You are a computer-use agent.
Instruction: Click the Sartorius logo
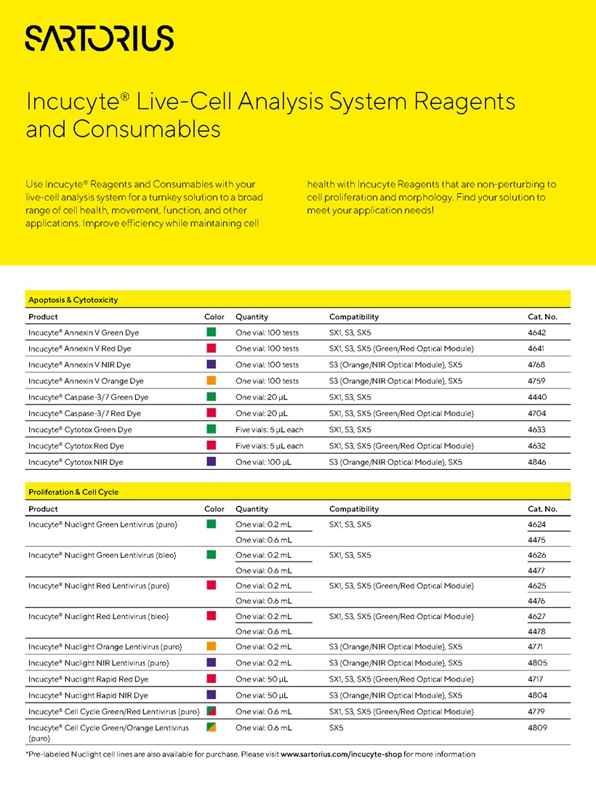(x=100, y=38)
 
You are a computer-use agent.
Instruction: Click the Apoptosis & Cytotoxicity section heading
(x=73, y=300)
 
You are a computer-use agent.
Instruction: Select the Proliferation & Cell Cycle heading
(x=73, y=492)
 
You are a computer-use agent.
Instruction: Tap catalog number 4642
(x=537, y=332)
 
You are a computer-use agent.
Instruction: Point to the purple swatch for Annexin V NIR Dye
(x=212, y=364)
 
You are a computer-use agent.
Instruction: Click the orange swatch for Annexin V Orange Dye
(x=212, y=380)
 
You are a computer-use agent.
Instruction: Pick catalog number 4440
(x=537, y=397)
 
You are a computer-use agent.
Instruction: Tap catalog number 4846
(x=537, y=462)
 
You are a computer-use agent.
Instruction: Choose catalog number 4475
(x=537, y=540)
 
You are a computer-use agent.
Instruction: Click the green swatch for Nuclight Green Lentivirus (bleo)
(x=212, y=555)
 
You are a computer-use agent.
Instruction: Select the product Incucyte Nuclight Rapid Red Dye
(x=88, y=679)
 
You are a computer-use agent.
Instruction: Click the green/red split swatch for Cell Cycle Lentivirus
(x=212, y=711)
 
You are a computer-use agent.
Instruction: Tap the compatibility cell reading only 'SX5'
(x=337, y=727)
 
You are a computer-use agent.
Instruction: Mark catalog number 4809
(x=537, y=727)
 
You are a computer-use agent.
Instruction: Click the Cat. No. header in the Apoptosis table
(x=542, y=317)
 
